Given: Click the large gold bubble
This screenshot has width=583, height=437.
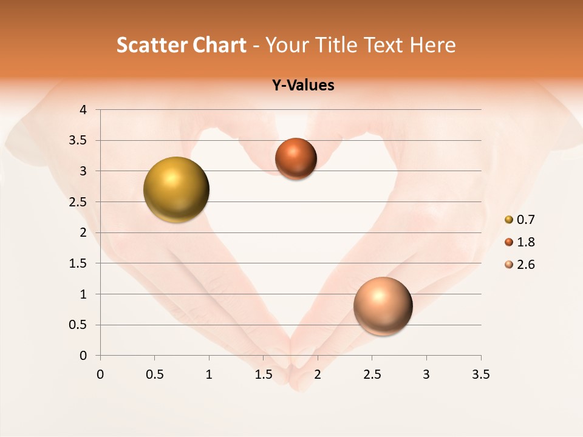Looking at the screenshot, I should (x=177, y=189).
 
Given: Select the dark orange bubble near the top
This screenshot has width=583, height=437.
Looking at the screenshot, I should (x=296, y=158).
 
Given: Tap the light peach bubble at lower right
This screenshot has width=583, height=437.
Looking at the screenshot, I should (x=383, y=306).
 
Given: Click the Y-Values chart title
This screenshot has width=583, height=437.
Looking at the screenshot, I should (x=303, y=86).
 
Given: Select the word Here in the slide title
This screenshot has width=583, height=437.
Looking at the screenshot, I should (x=432, y=45).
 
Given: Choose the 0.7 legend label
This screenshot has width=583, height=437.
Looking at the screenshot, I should (x=526, y=220).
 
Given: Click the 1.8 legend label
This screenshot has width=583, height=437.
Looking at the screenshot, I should (x=526, y=242).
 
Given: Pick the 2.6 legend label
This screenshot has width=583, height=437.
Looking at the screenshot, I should (x=526, y=265).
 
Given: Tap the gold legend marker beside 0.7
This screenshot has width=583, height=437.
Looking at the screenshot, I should (x=509, y=220).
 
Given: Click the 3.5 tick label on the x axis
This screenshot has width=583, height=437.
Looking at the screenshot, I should (x=480, y=374).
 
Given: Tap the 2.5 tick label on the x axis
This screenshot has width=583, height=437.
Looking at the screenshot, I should (x=372, y=374).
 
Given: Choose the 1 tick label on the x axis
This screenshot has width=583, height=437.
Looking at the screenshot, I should (x=209, y=374).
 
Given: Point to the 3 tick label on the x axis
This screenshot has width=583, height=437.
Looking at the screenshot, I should (x=426, y=374).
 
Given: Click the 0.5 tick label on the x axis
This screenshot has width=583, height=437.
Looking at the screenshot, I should (x=154, y=374).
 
